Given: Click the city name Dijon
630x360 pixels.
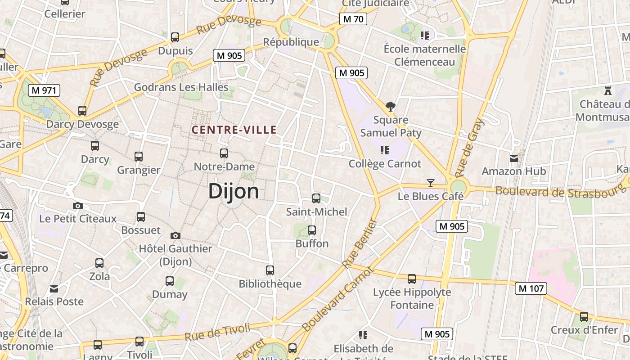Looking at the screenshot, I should (x=234, y=191).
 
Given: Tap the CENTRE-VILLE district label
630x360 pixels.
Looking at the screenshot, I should (x=234, y=130).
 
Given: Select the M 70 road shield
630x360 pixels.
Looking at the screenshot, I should (x=353, y=19).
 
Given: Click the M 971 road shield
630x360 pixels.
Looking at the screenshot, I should (x=44, y=90).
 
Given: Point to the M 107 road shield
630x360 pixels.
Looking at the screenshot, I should (x=531, y=288).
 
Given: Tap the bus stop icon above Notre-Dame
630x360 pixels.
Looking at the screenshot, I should (x=224, y=153).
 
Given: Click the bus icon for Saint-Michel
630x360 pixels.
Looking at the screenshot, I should (x=316, y=198).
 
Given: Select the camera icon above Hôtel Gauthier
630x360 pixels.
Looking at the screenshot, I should (x=175, y=235).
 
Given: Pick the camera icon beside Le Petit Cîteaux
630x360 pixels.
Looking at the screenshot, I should (x=78, y=206).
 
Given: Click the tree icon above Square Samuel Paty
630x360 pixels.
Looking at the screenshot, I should (x=391, y=107).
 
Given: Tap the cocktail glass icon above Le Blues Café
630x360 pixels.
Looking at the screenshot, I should (x=431, y=183).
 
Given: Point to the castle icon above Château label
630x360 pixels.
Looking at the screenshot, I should (x=608, y=91).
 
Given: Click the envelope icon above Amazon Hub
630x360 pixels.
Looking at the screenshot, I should (x=513, y=158).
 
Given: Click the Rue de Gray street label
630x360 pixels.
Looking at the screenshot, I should (x=470, y=147).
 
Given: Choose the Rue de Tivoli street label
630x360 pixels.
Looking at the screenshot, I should (x=217, y=332).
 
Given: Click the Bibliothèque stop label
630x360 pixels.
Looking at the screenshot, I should (x=270, y=284).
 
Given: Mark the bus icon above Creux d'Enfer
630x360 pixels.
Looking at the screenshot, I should (x=584, y=317).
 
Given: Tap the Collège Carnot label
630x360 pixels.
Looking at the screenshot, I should (x=385, y=164).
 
